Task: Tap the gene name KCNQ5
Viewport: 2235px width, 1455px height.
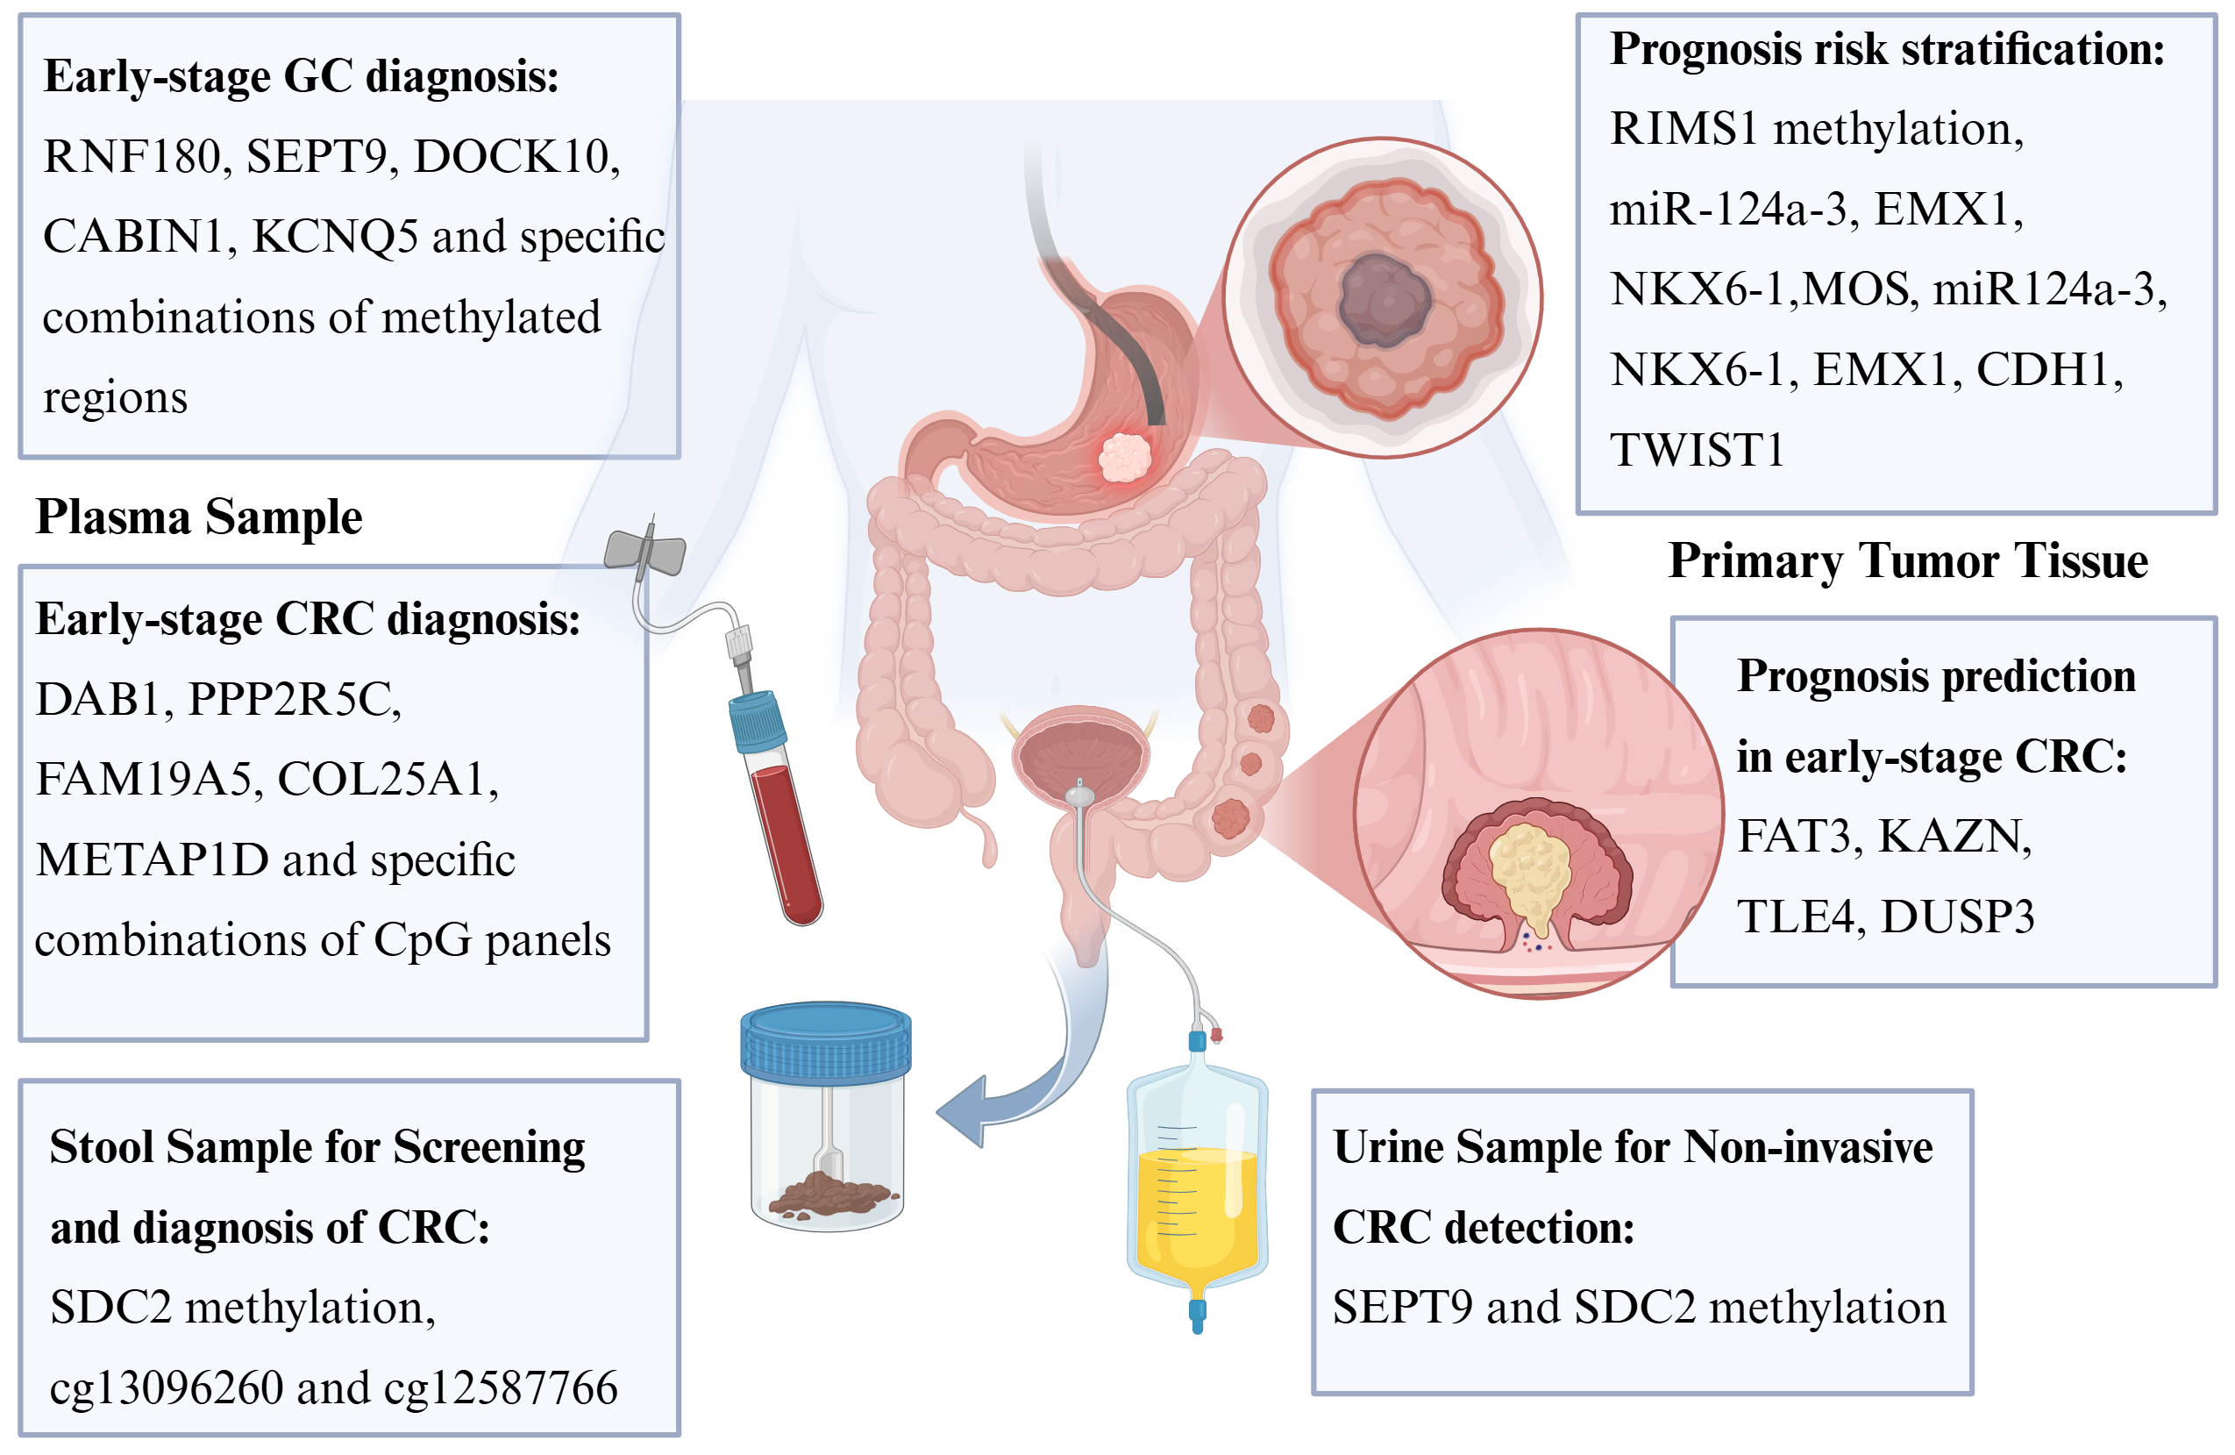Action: [x=334, y=236]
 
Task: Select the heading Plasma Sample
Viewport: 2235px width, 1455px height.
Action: [x=199, y=517]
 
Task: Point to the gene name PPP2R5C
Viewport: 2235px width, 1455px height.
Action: [x=294, y=699]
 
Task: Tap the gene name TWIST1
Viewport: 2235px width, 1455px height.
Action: [x=1696, y=449]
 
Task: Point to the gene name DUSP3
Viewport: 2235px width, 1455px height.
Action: [x=1957, y=917]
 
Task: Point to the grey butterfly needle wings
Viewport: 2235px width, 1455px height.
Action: [x=644, y=552]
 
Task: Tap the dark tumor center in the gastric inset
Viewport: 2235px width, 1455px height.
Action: [x=1384, y=301]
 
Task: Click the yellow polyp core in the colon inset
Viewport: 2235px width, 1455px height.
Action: [x=1531, y=874]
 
